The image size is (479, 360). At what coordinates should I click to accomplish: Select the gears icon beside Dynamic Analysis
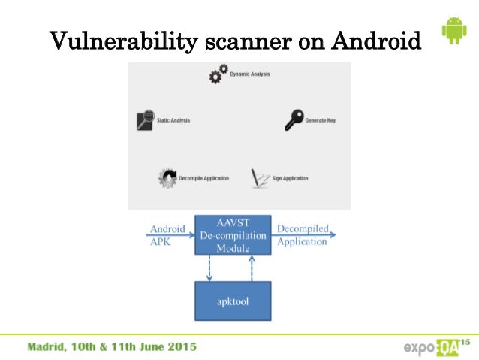[x=218, y=74]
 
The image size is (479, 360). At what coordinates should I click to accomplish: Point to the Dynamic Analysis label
[x=250, y=74]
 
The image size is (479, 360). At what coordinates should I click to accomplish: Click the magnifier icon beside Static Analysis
[x=146, y=120]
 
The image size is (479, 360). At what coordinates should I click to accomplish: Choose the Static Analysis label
[x=173, y=120]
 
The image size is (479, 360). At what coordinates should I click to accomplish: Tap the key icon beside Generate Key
[x=294, y=119]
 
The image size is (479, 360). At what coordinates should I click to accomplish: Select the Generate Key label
[x=321, y=120]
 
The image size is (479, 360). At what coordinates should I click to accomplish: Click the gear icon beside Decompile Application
[x=167, y=178]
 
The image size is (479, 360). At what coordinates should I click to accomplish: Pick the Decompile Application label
[x=204, y=178]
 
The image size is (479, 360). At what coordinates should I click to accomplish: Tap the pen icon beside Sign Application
[x=260, y=178]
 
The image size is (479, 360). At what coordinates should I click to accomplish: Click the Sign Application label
[x=290, y=178]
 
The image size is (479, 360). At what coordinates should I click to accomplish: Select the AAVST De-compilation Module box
[x=233, y=234]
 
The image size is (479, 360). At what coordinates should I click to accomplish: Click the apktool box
[x=233, y=301]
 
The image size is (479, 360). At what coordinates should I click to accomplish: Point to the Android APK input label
[x=167, y=234]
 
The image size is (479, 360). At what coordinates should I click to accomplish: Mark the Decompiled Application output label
[x=302, y=234]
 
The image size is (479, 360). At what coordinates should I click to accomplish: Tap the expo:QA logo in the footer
[x=431, y=348]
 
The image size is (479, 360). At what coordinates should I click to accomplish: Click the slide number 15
[x=465, y=342]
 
